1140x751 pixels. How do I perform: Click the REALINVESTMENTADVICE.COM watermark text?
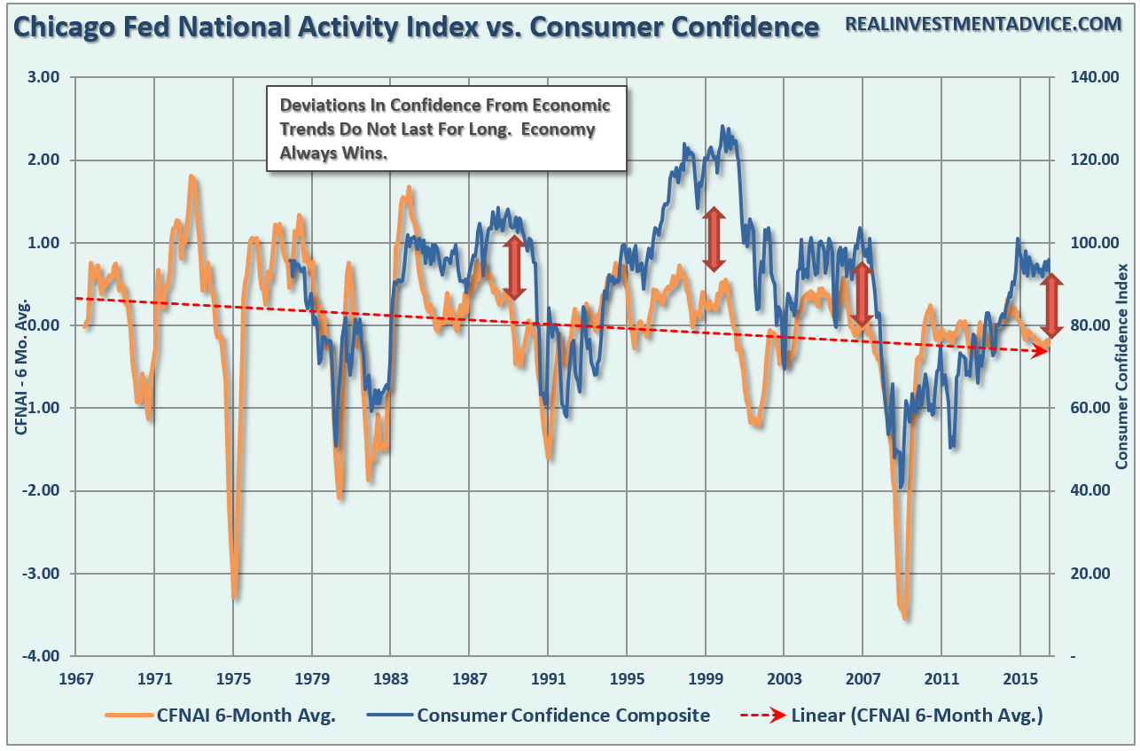[983, 25]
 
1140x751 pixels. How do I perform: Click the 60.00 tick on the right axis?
[1089, 408]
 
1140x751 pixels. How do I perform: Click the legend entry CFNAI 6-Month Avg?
[246, 716]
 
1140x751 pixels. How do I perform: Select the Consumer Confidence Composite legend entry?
[563, 716]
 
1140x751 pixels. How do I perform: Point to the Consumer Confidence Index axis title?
[1121, 366]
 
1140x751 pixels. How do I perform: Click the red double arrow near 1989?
[514, 269]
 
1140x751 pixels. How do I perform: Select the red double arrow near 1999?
[714, 239]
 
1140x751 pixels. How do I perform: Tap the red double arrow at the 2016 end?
[1051, 306]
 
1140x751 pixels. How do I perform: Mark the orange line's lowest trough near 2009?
[905, 617]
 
